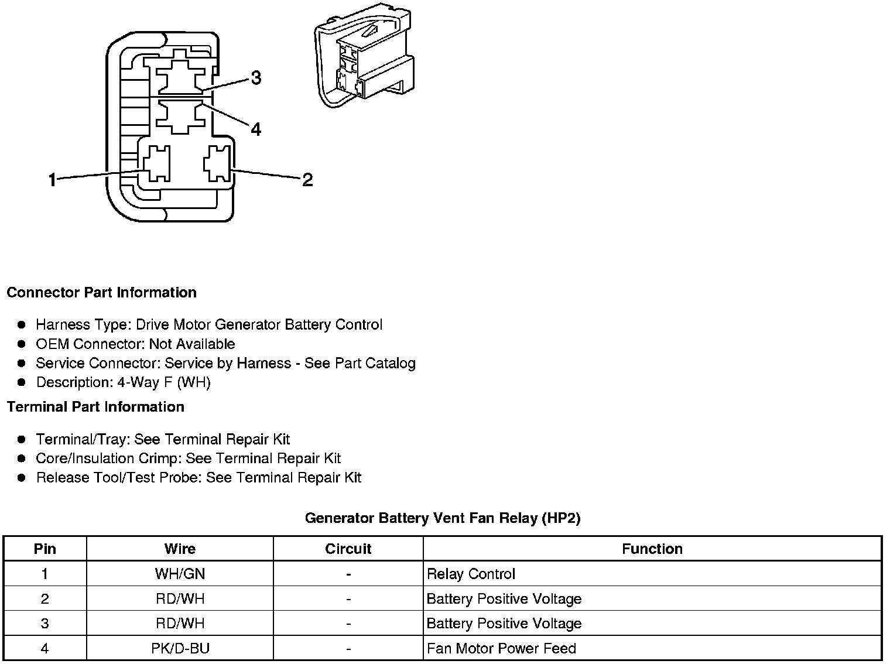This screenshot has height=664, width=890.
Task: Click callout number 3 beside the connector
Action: [x=256, y=78]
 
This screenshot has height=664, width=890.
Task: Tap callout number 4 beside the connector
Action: [x=256, y=129]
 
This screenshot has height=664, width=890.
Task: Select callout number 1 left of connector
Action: [x=53, y=180]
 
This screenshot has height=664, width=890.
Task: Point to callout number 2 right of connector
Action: [x=307, y=180]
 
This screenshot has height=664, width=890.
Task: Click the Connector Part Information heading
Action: [x=101, y=292]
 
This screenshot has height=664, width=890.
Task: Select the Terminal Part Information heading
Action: [x=95, y=406]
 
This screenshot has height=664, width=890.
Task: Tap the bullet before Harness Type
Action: [x=22, y=324]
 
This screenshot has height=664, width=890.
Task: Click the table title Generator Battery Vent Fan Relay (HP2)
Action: [x=443, y=518]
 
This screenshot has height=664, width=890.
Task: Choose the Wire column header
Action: [x=180, y=549]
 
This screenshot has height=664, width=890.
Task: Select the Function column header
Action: [x=652, y=549]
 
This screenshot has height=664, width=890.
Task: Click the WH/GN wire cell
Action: [x=180, y=574]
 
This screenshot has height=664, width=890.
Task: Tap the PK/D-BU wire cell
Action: [x=180, y=648]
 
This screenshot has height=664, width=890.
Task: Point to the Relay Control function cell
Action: [x=471, y=574]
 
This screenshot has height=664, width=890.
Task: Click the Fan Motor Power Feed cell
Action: [x=501, y=648]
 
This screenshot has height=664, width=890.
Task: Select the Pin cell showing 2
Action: [x=45, y=599]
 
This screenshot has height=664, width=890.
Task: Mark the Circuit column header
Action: [x=348, y=549]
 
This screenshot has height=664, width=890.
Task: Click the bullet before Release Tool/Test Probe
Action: [x=22, y=478]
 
